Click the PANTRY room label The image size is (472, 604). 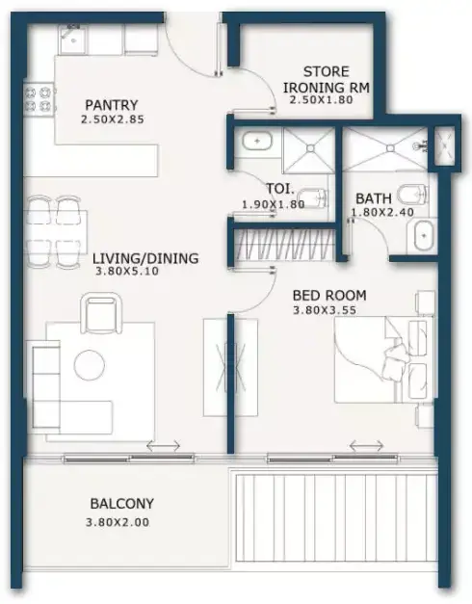point(112,105)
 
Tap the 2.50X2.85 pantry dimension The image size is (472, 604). point(113,119)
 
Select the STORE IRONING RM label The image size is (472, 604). point(327,79)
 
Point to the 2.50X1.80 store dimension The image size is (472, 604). point(321,100)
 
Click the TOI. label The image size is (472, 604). point(280,189)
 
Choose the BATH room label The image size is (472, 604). point(374,198)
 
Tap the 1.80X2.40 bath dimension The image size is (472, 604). point(382,212)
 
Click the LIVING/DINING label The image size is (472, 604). point(145,258)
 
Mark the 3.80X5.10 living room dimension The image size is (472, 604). point(127,272)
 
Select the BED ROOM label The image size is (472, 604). point(329,296)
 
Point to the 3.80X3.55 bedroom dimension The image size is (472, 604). point(325,310)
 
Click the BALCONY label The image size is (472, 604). point(121,504)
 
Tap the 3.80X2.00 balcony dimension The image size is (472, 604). point(118,522)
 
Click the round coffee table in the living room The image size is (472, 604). point(89,364)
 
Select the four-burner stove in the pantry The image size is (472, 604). point(39,99)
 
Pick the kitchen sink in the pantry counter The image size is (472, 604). point(71,39)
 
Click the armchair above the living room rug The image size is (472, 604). point(101,313)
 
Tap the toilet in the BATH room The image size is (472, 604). point(412,195)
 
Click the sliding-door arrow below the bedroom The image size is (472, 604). point(366,446)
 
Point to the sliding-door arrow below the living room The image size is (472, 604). point(164,446)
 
